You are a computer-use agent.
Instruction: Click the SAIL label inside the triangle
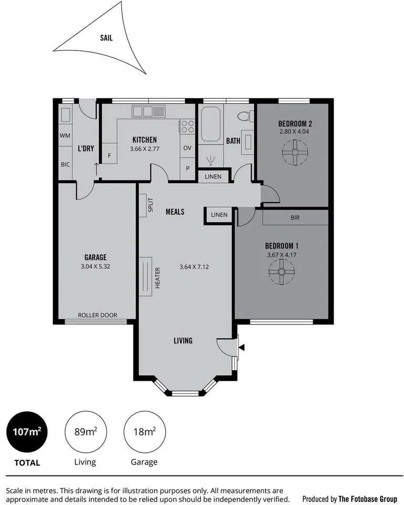click(106, 38)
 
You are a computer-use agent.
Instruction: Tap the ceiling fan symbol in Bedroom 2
click(295, 153)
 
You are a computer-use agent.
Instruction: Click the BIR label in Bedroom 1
click(295, 217)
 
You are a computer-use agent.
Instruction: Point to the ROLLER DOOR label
click(97, 316)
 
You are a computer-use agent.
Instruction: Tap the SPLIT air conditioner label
click(150, 205)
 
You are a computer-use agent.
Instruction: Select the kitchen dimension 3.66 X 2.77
click(144, 149)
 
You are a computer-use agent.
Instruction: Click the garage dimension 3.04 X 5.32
click(95, 266)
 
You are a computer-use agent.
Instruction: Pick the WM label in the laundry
click(65, 136)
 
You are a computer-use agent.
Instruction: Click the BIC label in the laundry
click(65, 165)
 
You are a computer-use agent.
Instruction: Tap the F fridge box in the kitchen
click(109, 156)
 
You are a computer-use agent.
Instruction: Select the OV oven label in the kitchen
click(187, 148)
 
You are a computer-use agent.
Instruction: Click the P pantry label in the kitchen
click(187, 168)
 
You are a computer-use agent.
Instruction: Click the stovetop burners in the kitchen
click(187, 126)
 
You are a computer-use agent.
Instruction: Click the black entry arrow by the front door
click(241, 347)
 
